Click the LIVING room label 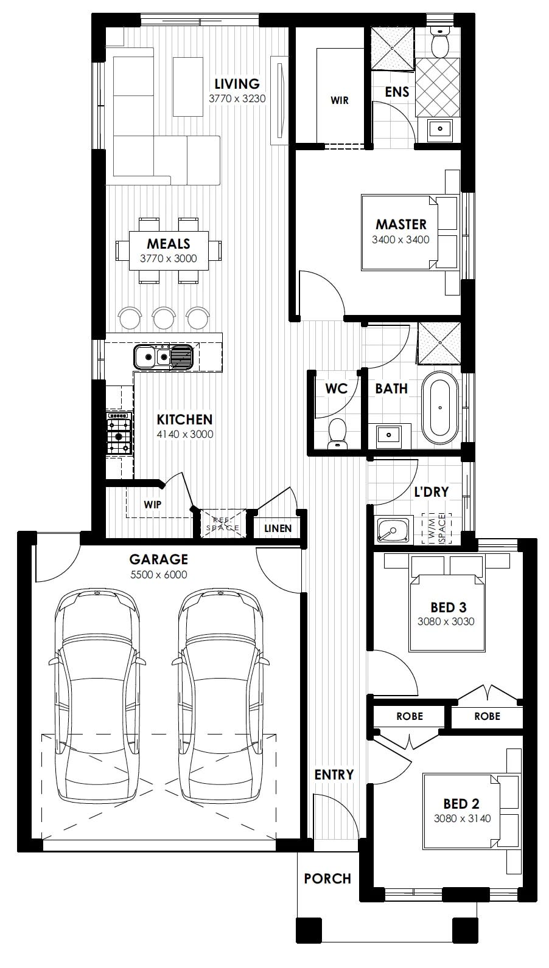click(237, 83)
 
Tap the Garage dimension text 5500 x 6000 click(159, 575)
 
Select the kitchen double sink click(163, 357)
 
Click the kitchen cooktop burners click(119, 432)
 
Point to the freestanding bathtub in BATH click(440, 408)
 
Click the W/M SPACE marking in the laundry click(436, 529)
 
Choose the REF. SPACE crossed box click(223, 524)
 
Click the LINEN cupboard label click(278, 528)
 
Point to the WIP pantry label click(152, 504)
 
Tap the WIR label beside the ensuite click(339, 100)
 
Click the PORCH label click(327, 878)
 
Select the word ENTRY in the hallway click(334, 775)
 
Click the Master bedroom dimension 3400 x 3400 click(400, 240)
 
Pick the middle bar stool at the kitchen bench click(164, 318)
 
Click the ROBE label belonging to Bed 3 click(487, 716)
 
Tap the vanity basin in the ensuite click(440, 128)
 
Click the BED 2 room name click(461, 804)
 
